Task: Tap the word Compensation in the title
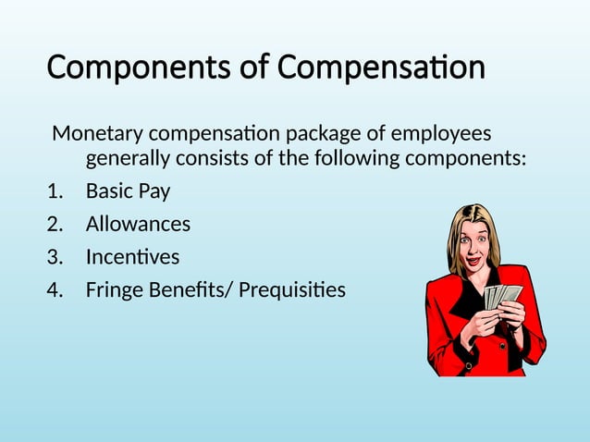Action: (381, 68)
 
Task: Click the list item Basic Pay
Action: (128, 192)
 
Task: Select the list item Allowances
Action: (138, 224)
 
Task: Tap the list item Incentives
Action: (132, 256)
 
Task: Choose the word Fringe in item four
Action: (115, 289)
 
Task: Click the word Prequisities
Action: (292, 289)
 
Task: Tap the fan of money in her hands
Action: (504, 295)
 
